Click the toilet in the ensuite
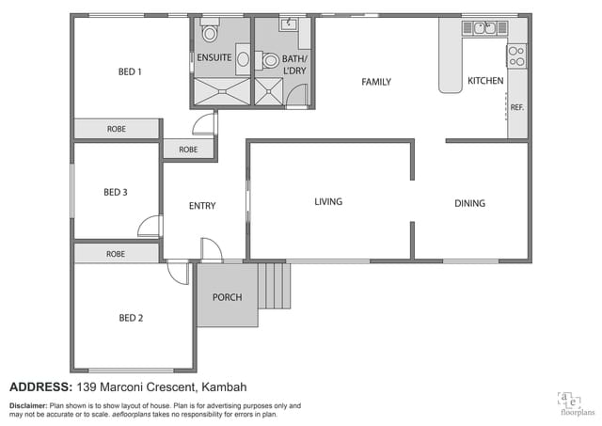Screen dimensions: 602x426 coord(210,30)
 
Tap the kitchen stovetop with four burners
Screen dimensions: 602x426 coord(516,56)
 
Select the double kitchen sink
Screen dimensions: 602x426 coord(484,28)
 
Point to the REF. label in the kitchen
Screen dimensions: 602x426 coord(516,108)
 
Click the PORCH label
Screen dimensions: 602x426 coord(228,297)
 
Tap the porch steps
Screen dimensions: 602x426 coord(274,286)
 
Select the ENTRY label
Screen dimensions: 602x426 coord(202,206)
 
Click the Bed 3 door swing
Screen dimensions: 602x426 coord(150,226)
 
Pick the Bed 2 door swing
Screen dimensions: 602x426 coord(178,273)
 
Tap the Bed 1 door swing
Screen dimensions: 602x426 coord(204,123)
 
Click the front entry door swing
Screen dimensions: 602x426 coord(211,249)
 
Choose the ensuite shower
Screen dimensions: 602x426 coord(222,91)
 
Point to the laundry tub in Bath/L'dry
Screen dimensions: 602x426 coord(289,24)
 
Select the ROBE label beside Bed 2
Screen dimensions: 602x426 coord(116,254)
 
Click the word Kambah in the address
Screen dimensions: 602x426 coord(224,387)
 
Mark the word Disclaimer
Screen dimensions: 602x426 coord(28,405)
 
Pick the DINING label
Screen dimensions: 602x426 coord(470,203)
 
